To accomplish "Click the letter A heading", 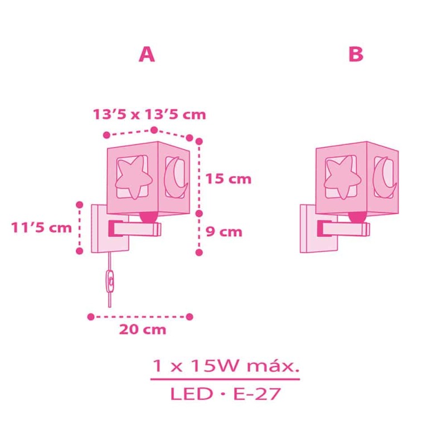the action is click(147, 54).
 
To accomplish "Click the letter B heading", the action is click(356, 54).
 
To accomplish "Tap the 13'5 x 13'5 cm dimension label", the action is click(149, 114).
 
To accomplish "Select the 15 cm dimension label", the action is click(229, 179).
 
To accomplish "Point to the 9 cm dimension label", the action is click(224, 232).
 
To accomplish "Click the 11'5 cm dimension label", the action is click(41, 228).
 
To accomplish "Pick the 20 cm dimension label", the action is click(143, 329).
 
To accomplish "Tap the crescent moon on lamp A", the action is click(176, 178).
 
